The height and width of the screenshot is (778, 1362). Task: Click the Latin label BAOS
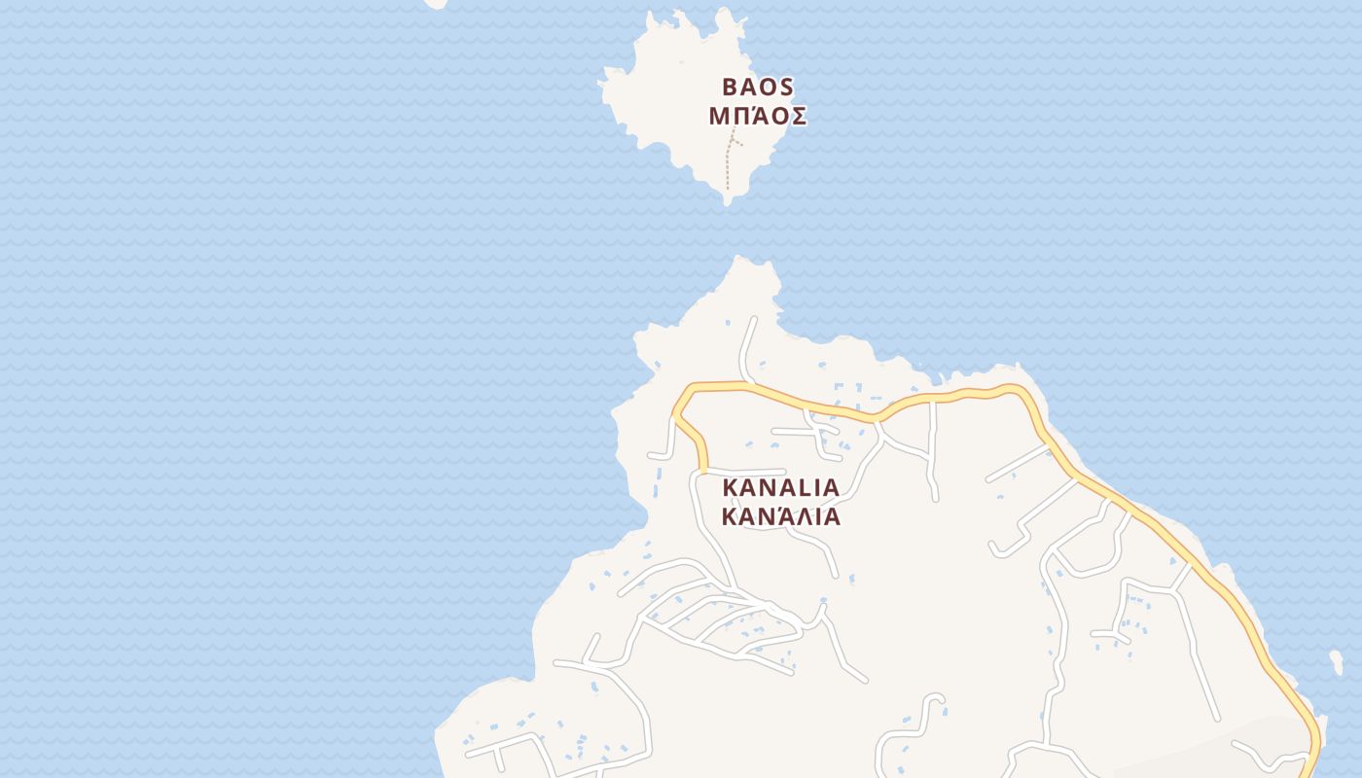click(757, 88)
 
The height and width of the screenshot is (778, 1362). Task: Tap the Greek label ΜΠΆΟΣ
click(757, 117)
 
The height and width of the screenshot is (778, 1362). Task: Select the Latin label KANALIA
click(780, 487)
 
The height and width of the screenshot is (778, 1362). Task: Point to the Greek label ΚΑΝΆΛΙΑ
click(780, 516)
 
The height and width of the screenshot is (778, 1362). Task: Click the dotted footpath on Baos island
click(728, 170)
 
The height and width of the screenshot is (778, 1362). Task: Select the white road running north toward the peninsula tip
click(747, 345)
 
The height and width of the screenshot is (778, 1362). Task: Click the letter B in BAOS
click(730, 88)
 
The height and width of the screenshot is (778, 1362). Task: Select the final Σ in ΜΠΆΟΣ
click(797, 117)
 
